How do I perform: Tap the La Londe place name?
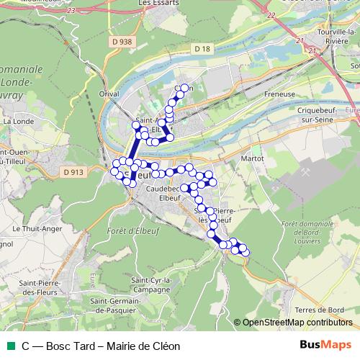point(15,122)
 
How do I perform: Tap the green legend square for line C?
point(9,346)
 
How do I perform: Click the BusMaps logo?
point(325,346)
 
